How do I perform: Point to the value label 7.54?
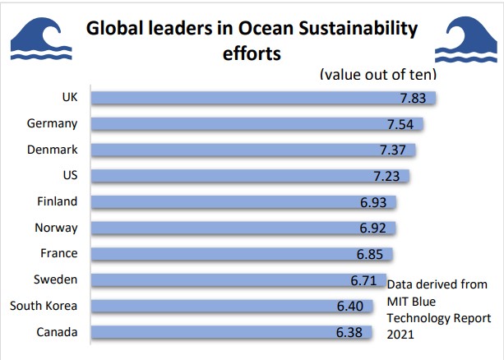(x=402, y=124)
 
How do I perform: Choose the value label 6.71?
(x=363, y=280)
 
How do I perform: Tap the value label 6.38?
(x=351, y=333)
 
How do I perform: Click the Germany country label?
(x=53, y=124)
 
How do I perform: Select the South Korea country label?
(x=44, y=307)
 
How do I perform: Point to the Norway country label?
(x=57, y=228)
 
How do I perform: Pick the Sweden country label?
(x=56, y=280)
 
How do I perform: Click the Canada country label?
(x=57, y=333)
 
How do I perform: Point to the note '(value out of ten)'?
(x=377, y=74)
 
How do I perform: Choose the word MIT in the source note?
(x=398, y=301)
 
